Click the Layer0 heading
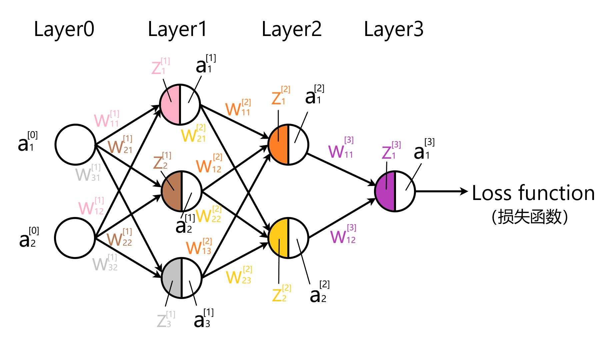(64, 29)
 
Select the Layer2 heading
(291, 29)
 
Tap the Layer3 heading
(393, 29)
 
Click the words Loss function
(533, 193)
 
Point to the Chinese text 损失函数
(530, 217)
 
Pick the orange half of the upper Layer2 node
(279, 144)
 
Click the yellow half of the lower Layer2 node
(279, 238)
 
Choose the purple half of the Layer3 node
(385, 191)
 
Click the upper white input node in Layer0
(75, 144)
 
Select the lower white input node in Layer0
(75, 238)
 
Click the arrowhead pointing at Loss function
(464, 191)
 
